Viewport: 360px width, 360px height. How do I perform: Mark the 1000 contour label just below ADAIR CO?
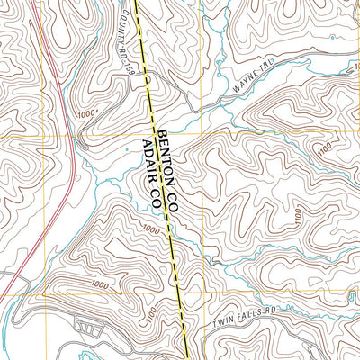coord(149,231)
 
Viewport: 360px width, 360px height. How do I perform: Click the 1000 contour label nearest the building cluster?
coord(99,286)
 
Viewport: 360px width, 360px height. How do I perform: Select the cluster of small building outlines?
coord(87,322)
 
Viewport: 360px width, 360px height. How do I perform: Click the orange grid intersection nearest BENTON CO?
coord(202,135)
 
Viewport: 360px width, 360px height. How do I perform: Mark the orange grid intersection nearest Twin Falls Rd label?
coord(202,293)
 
